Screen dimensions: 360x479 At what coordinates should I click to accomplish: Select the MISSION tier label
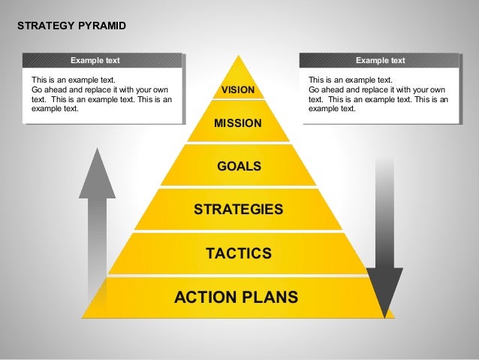pyautogui.click(x=238, y=123)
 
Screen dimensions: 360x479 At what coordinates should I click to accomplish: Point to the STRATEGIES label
pyautogui.click(x=238, y=209)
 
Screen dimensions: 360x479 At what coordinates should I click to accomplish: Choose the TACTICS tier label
pyautogui.click(x=238, y=254)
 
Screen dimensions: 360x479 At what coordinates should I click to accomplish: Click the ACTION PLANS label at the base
pyautogui.click(x=236, y=297)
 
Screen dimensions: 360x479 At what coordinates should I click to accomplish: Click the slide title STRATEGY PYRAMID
pyautogui.click(x=71, y=26)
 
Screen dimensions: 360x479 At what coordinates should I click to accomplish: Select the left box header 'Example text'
pyautogui.click(x=95, y=61)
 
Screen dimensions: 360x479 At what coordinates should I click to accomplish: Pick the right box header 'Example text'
pyautogui.click(x=380, y=61)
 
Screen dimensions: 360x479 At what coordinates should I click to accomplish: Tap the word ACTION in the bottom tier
pyautogui.click(x=203, y=297)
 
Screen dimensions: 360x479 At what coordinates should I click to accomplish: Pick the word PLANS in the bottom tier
pyautogui.click(x=268, y=297)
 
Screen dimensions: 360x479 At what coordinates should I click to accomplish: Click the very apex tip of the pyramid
pyautogui.click(x=238, y=56)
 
